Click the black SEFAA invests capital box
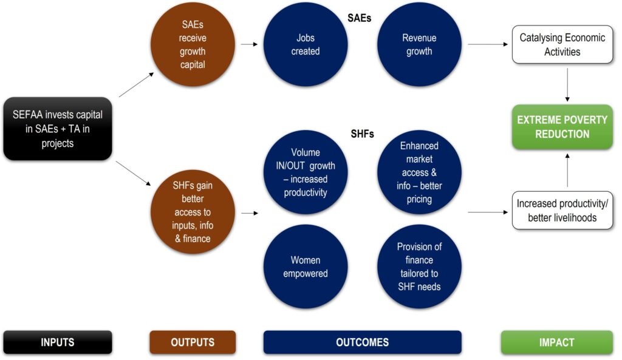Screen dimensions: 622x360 pyautogui.click(x=58, y=129)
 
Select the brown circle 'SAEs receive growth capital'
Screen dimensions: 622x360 pyautogui.click(x=193, y=44)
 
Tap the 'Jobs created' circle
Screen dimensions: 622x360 pyautogui.click(x=306, y=44)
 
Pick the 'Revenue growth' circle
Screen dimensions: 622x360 pyautogui.click(x=419, y=44)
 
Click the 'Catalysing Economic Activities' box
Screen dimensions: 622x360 pyautogui.click(x=562, y=44)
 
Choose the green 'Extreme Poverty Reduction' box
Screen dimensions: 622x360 pyautogui.click(x=562, y=127)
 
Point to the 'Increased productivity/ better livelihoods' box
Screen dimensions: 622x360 pyautogui.click(x=562, y=211)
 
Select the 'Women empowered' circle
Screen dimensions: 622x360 pyautogui.click(x=306, y=267)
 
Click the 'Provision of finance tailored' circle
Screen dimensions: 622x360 pyautogui.click(x=419, y=267)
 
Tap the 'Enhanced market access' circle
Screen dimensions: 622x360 pyautogui.click(x=419, y=172)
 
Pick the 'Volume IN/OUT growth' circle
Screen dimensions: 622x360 pyautogui.click(x=306, y=172)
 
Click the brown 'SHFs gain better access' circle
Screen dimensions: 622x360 pyautogui.click(x=193, y=212)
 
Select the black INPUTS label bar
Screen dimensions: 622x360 pyautogui.click(x=58, y=342)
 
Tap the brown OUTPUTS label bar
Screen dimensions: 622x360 pyautogui.click(x=193, y=342)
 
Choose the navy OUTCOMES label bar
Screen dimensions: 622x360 pyautogui.click(x=363, y=342)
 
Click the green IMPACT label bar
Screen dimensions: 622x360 pyautogui.click(x=557, y=342)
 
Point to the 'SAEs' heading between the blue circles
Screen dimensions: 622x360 pyautogui.click(x=360, y=18)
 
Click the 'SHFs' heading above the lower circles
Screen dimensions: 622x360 pyautogui.click(x=362, y=134)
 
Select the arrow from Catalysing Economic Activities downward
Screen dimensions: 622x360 pyautogui.click(x=567, y=85)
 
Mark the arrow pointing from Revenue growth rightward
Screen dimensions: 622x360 pyautogui.click(x=488, y=44)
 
